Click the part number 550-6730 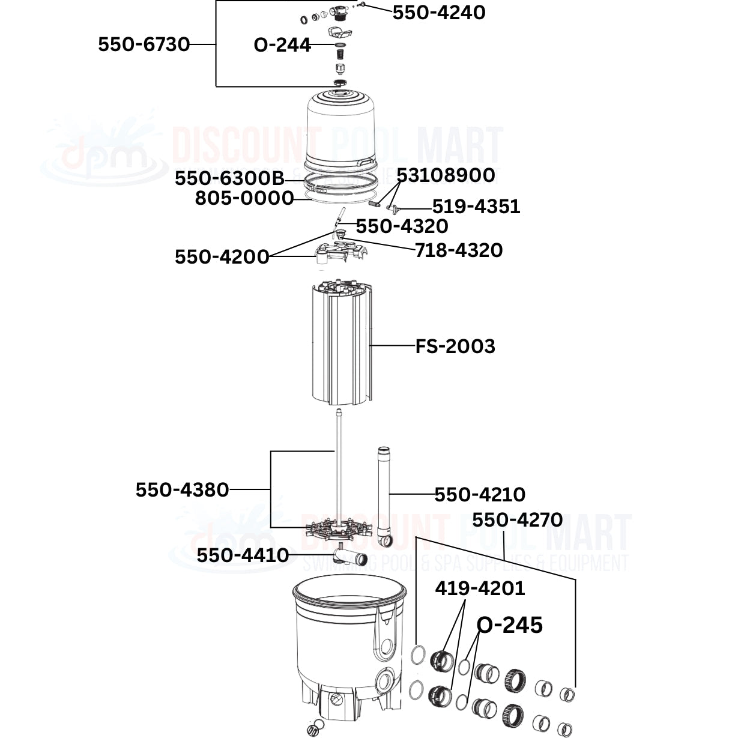point(144,44)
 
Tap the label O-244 point(282,45)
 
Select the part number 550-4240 point(439,13)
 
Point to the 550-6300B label point(229,178)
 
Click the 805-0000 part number point(244,198)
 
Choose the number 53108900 point(446,175)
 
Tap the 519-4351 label point(476,207)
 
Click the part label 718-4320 point(459,250)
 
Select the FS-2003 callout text point(455,346)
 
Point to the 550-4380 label point(182,490)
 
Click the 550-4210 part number point(480,495)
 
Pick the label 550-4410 point(243,555)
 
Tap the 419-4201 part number point(480,588)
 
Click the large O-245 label point(510,625)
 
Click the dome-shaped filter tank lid point(340,129)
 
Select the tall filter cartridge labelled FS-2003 point(341,345)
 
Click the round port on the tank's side point(383,682)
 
